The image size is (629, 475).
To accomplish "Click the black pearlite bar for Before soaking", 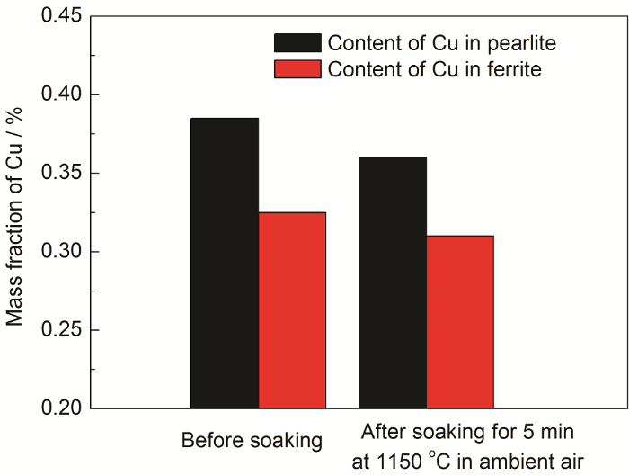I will coord(225,263).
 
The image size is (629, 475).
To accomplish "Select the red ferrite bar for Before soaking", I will coord(292,310).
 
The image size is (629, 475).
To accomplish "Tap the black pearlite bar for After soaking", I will coord(393,282).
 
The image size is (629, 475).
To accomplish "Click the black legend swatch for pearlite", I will coord(297,43).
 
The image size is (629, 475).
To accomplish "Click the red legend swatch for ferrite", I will coord(297,68).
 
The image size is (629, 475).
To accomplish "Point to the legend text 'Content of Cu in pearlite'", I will coord(447,43).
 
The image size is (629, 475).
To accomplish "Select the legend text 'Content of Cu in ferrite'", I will coord(435,68).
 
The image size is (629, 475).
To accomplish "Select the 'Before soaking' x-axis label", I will coord(252,441).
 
